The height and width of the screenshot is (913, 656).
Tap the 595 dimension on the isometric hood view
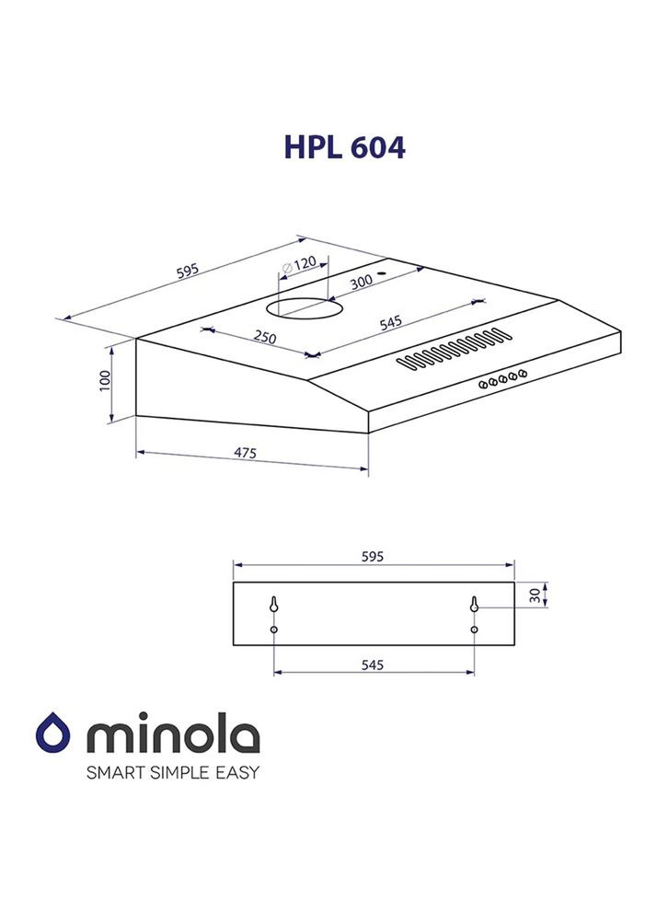[x=187, y=271]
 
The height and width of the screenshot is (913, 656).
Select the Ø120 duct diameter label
[x=299, y=263]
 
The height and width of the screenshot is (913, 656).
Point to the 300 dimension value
[x=361, y=282]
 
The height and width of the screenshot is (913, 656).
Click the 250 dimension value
[x=264, y=338]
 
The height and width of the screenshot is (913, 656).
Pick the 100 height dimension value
[x=104, y=381]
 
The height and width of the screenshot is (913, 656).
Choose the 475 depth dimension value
[x=244, y=453]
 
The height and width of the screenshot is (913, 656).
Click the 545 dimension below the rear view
[x=372, y=664]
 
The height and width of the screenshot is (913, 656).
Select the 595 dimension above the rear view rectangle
[x=372, y=556]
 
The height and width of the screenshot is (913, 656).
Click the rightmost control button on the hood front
[x=523, y=373]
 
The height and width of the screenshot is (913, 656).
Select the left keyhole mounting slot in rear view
[x=274, y=604]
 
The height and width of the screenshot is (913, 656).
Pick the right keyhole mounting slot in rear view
[x=474, y=604]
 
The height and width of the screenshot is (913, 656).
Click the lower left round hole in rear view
[x=274, y=630]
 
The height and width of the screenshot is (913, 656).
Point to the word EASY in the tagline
[x=239, y=771]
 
